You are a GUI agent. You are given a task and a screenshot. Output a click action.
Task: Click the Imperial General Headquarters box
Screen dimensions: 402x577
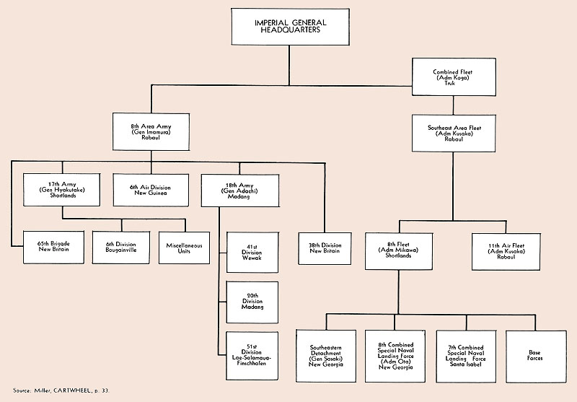288,27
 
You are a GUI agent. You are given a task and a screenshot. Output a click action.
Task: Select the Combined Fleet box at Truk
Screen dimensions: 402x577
454,78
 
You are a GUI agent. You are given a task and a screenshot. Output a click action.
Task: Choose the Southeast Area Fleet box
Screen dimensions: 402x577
454,133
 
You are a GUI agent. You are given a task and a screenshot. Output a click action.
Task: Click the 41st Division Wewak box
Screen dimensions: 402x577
252,252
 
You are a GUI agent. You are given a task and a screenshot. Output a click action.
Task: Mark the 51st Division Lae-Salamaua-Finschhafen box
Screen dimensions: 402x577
252,351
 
